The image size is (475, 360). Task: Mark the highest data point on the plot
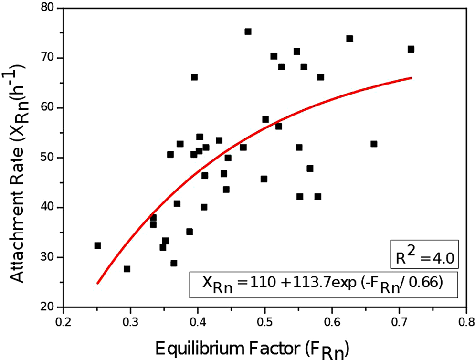click(248, 32)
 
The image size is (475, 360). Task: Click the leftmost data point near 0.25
click(97, 245)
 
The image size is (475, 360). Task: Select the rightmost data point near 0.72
click(411, 49)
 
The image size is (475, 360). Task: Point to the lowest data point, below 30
click(127, 269)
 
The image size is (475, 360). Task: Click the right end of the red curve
click(411, 78)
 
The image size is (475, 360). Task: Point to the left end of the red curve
click(97, 283)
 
